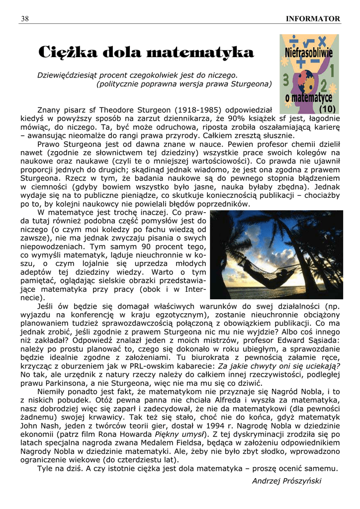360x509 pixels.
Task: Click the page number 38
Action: pos(24,19)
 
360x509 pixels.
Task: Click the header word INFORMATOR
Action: pos(313,19)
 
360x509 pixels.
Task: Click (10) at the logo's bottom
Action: pos(328,108)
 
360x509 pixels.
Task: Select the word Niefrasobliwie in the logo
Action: pos(309,52)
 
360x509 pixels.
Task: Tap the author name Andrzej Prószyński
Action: pos(287,481)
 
